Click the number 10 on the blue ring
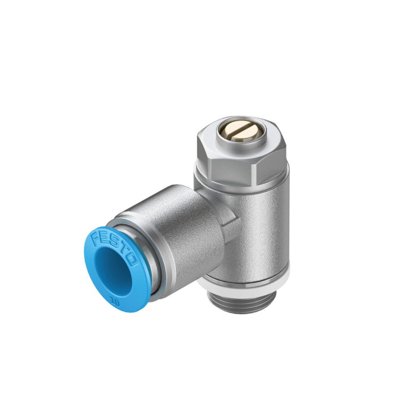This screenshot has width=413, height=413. [115, 302]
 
